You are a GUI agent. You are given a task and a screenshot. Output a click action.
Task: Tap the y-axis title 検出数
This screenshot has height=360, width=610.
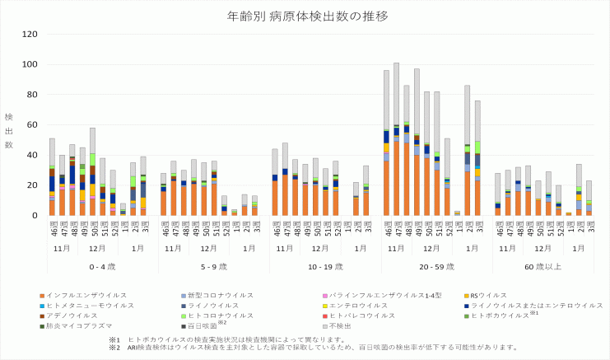click(x=9, y=132)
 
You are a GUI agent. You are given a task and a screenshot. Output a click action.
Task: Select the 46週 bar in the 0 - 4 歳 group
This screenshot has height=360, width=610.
click(x=52, y=176)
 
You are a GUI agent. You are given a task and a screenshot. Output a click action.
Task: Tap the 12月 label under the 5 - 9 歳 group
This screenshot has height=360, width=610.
click(x=203, y=248)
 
